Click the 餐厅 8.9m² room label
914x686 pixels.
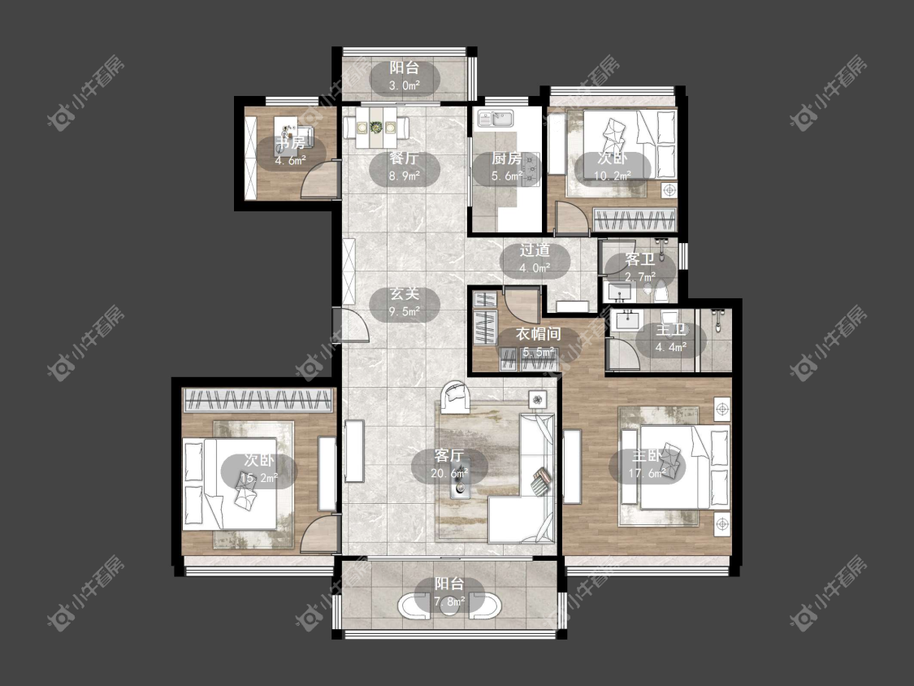405,167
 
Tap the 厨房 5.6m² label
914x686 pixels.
506,167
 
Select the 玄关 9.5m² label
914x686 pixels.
405,302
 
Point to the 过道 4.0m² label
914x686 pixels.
535,259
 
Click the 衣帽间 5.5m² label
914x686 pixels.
538,342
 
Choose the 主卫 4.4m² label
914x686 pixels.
670,338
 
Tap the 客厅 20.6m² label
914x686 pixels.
448,464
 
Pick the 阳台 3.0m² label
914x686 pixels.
405,76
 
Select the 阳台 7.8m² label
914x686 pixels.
448,592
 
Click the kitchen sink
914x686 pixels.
495,119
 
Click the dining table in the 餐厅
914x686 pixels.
376,127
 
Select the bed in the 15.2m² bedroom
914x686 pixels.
230,484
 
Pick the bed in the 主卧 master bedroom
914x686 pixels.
684,467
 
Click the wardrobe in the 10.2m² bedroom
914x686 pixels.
635,220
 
